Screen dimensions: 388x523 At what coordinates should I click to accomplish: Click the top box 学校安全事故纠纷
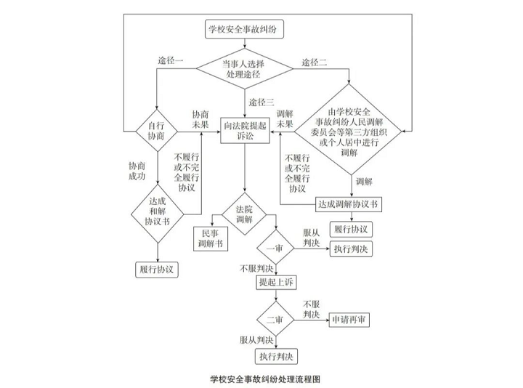(245, 30)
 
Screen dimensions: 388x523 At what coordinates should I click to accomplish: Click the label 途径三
(261, 101)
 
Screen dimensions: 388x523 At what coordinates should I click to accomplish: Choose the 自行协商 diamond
(156, 131)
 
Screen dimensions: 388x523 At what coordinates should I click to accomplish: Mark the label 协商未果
(200, 121)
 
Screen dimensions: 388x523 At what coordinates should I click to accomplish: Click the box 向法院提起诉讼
(245, 131)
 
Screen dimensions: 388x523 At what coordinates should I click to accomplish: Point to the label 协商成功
(137, 171)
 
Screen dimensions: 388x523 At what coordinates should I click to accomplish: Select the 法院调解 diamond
(245, 214)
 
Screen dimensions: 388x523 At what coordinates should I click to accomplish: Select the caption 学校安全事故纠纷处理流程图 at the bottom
(266, 379)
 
